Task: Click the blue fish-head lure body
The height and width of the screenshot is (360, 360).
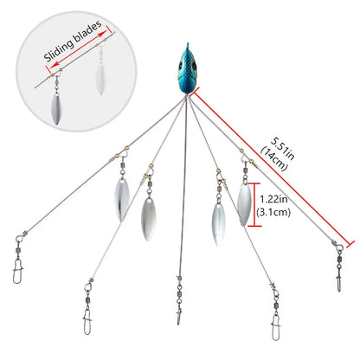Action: [187, 71]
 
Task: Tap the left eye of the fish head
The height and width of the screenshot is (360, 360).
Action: [180, 66]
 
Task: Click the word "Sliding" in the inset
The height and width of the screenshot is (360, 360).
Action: [59, 50]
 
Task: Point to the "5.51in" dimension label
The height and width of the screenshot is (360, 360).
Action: [283, 149]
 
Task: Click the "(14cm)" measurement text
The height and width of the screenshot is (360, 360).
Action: [274, 158]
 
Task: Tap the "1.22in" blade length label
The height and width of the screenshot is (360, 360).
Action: [273, 199]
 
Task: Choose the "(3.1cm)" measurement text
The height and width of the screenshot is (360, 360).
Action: [273, 213]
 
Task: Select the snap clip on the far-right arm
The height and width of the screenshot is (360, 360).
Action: [339, 280]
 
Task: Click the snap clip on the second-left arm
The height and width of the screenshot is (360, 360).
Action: [87, 323]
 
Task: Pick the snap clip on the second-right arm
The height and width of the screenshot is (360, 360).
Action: [276, 328]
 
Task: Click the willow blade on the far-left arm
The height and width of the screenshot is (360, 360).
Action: [122, 199]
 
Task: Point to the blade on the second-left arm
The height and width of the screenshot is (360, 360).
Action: [148, 219]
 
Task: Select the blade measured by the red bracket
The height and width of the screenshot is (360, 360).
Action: [244, 203]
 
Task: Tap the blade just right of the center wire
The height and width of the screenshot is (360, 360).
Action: [219, 224]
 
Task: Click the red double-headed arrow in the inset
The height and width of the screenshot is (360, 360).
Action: [77, 48]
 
